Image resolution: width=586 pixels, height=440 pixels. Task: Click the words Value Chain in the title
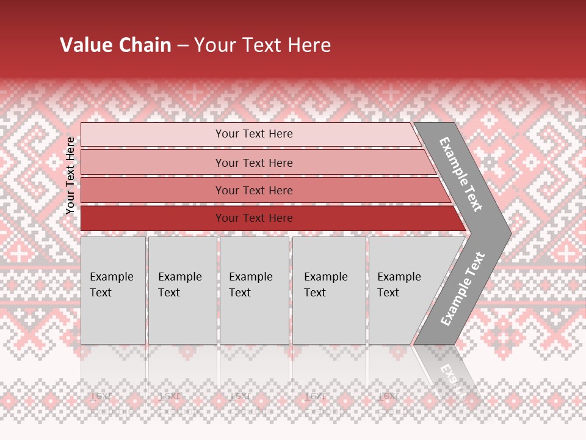tap(115, 45)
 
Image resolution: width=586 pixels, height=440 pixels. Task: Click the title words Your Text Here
tap(262, 45)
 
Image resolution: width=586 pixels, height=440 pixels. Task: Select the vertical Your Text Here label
tap(70, 175)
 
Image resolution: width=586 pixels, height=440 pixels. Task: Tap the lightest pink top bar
tap(153, 134)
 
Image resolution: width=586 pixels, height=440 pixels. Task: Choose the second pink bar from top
tap(153, 163)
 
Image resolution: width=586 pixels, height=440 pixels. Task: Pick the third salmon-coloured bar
tap(153, 190)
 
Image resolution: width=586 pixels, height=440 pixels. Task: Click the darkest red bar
tap(153, 218)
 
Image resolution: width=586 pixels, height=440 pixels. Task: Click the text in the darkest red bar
tap(254, 218)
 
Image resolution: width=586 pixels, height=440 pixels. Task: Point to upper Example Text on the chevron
tap(461, 174)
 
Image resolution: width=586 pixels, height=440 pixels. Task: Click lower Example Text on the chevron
tap(463, 288)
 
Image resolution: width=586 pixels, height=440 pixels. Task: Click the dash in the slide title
tap(183, 46)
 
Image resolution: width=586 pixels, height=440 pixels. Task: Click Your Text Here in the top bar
tap(254, 134)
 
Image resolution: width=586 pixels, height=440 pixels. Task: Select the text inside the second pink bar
tap(254, 163)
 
